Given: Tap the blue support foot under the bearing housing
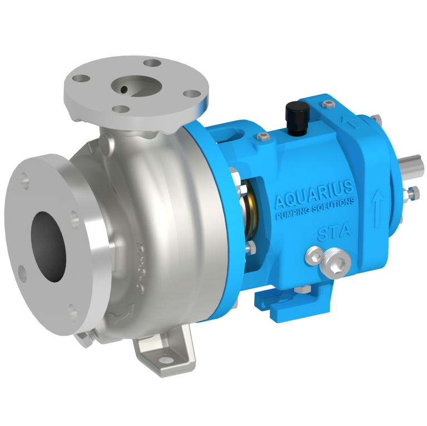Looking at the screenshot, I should (289, 303).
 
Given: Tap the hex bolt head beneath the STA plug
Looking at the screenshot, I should (305, 289).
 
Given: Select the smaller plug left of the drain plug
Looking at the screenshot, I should (312, 256).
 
